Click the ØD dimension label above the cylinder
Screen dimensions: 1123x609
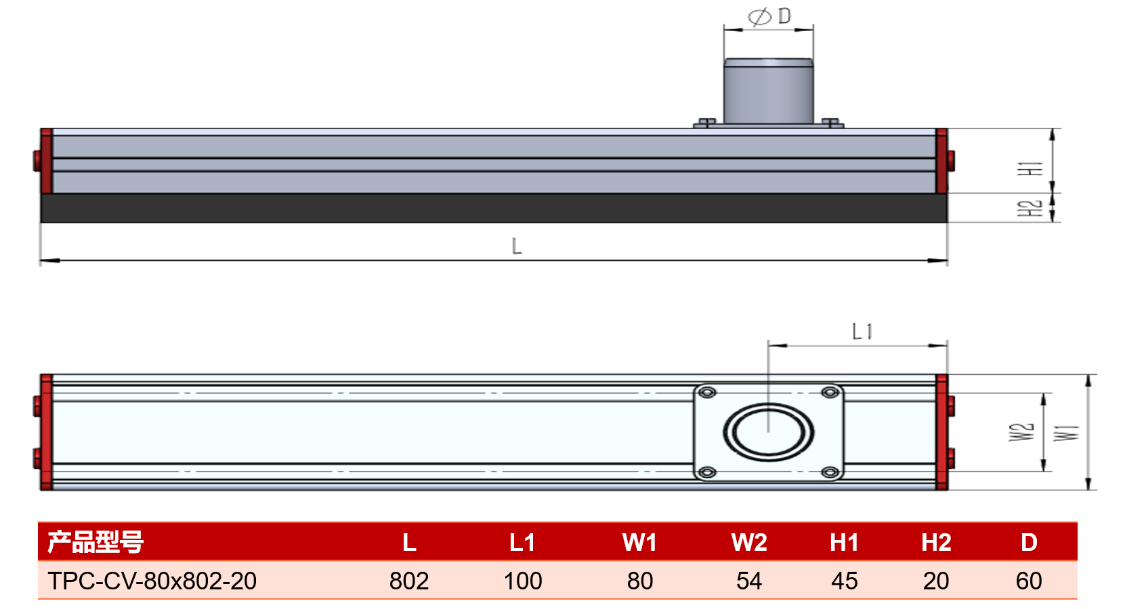(x=769, y=16)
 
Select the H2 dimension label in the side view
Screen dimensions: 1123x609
(x=1030, y=208)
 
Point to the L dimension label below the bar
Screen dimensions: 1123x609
(x=517, y=246)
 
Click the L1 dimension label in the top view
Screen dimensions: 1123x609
(x=862, y=332)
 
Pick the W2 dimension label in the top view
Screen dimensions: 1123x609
(x=1021, y=432)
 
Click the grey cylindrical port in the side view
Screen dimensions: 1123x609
(x=769, y=91)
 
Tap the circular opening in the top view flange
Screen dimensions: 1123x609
(x=769, y=432)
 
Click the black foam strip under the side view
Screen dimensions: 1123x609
(x=494, y=208)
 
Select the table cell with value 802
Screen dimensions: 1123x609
(x=409, y=581)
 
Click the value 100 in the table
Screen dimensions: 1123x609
(x=523, y=581)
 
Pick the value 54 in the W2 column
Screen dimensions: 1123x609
(x=749, y=581)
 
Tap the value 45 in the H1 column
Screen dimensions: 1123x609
(x=844, y=581)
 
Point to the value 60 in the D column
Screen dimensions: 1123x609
(x=1029, y=581)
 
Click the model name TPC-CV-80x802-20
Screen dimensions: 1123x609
(x=152, y=581)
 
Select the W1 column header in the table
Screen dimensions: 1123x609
(x=639, y=543)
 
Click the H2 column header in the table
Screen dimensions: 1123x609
(x=936, y=543)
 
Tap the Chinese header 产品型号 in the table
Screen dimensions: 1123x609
(x=96, y=542)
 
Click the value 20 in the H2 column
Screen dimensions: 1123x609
(x=936, y=581)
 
